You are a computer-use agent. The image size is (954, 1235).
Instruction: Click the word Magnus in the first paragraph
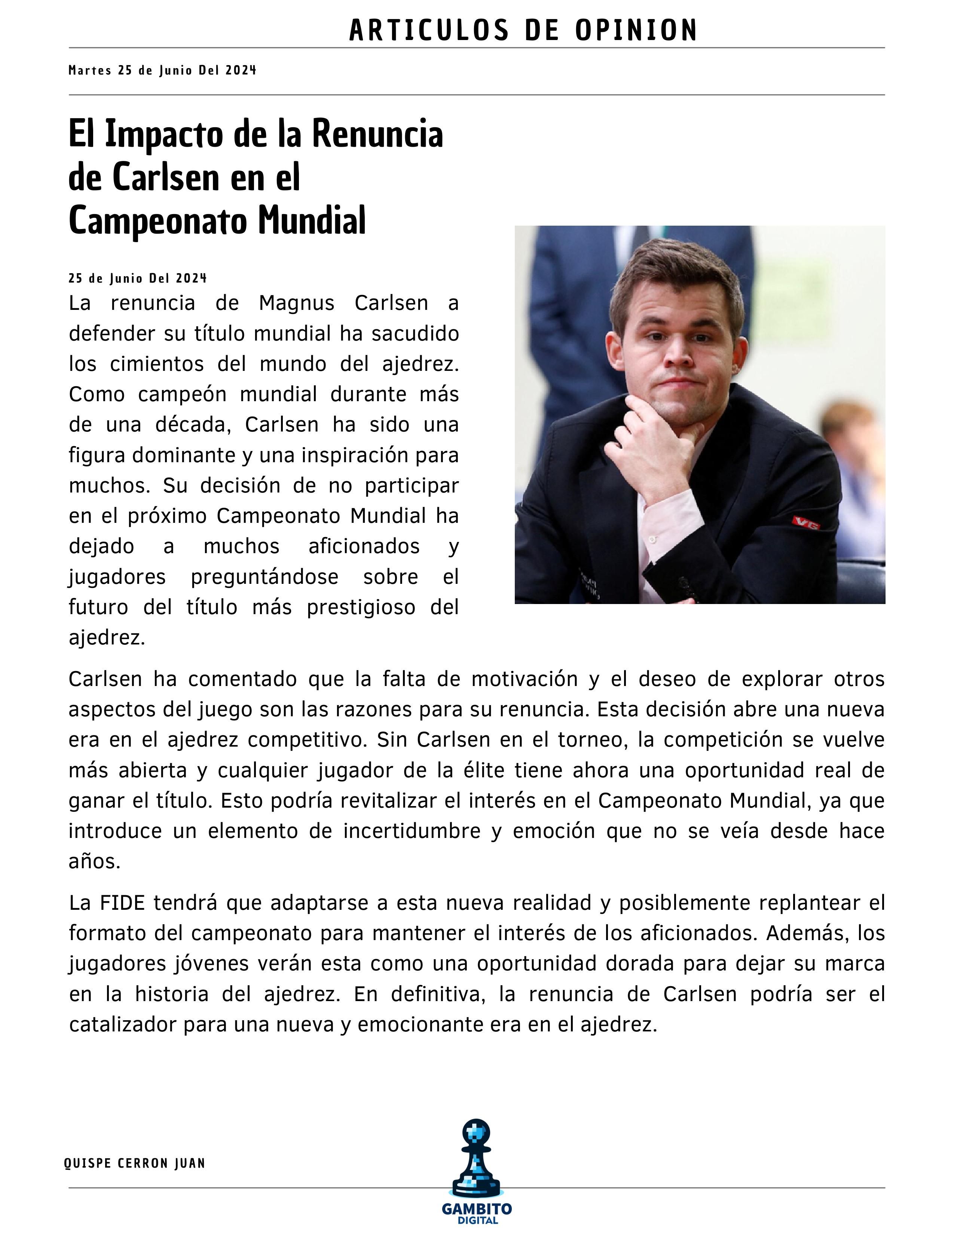click(297, 304)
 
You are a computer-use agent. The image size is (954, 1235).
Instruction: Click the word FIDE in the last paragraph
click(122, 903)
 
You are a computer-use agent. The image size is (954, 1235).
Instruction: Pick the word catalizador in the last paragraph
click(122, 1025)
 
